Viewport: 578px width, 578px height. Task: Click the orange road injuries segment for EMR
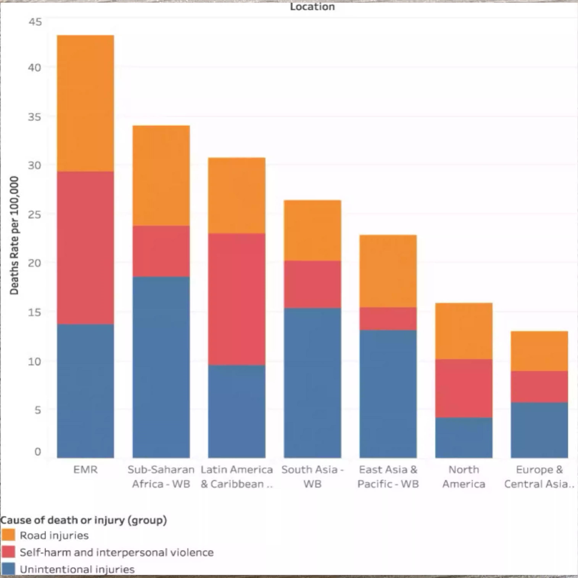click(x=85, y=103)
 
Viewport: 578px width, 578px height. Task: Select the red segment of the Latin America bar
click(x=237, y=299)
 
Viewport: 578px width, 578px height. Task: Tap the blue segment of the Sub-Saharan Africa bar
click(x=161, y=367)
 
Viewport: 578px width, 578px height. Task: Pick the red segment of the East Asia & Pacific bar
click(x=388, y=319)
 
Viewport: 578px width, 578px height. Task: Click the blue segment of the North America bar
click(x=464, y=438)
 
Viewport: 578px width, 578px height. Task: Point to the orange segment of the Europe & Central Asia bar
click(x=539, y=351)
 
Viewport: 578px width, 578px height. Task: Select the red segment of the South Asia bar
click(x=312, y=284)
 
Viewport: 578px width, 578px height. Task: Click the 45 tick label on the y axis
click(x=35, y=22)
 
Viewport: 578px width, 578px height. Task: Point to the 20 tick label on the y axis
click(x=34, y=263)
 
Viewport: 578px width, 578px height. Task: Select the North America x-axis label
click(x=464, y=477)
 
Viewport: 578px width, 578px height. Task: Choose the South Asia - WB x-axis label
click(x=312, y=477)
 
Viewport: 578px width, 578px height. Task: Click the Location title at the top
click(x=312, y=7)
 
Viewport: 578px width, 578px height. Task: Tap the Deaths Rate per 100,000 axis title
click(x=14, y=235)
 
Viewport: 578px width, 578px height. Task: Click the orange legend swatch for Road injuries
click(x=8, y=535)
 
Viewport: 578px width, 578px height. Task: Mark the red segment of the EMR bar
click(x=85, y=248)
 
